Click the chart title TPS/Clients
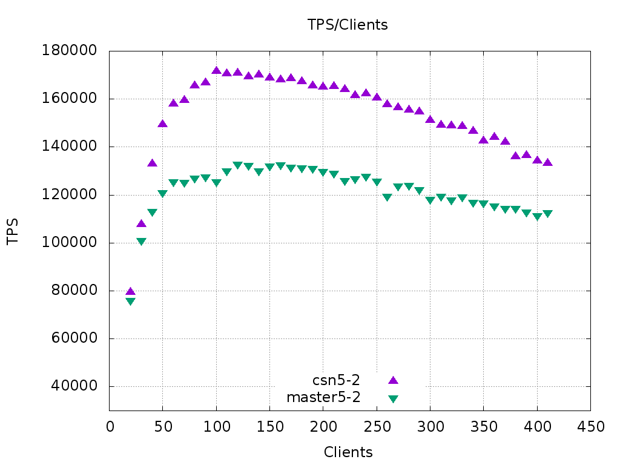[x=348, y=25]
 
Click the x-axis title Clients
[x=348, y=452]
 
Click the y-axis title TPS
[x=13, y=231]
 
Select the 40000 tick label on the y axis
[x=73, y=387]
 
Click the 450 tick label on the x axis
[x=590, y=427]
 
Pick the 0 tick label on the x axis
[x=110, y=427]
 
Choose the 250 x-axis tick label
[x=377, y=427]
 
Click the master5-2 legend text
[x=323, y=398]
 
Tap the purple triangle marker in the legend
[x=393, y=380]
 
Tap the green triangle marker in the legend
[x=393, y=398]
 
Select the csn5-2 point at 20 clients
[x=130, y=292]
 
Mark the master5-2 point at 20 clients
[x=130, y=302]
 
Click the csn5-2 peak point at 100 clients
[x=216, y=70]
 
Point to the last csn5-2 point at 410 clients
[x=547, y=162]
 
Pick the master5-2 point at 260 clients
[x=387, y=197]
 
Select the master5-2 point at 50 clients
[x=162, y=194]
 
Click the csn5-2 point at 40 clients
[x=152, y=163]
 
